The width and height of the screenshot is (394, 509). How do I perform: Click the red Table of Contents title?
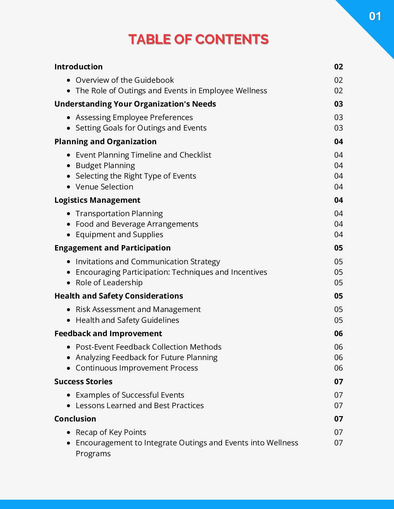pyautogui.click(x=198, y=39)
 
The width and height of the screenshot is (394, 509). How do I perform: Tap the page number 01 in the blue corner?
pyautogui.click(x=375, y=16)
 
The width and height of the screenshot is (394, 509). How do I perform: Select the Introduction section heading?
pyautogui.click(x=78, y=67)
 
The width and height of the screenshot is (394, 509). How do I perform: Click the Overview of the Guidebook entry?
pyautogui.click(x=125, y=80)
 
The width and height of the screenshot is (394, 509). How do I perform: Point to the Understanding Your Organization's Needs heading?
pyautogui.click(x=135, y=104)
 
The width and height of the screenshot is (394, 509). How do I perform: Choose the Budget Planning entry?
pyautogui.click(x=105, y=166)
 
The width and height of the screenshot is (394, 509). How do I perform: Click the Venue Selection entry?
pyautogui.click(x=104, y=187)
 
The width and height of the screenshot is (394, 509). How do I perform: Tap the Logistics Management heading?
pyautogui.click(x=97, y=200)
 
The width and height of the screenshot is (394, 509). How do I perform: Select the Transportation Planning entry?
pyautogui.click(x=119, y=214)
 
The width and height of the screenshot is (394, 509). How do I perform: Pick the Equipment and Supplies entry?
pyautogui.click(x=119, y=235)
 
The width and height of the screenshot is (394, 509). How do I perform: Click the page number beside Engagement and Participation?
pyautogui.click(x=338, y=248)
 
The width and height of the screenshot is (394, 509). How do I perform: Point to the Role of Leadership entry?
pyautogui.click(x=109, y=283)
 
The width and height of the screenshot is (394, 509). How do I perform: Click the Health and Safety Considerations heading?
pyautogui.click(x=118, y=296)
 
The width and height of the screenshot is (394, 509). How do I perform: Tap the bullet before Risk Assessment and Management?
pyautogui.click(x=69, y=310)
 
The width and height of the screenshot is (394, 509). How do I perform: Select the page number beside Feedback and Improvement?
pyautogui.click(x=338, y=334)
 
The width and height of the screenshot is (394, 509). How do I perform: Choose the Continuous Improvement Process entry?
pyautogui.click(x=137, y=368)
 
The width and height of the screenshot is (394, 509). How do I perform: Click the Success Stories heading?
pyautogui.click(x=83, y=382)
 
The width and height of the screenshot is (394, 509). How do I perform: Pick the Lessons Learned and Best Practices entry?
pyautogui.click(x=139, y=406)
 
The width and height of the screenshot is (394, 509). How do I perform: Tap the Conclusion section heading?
pyautogui.click(x=75, y=419)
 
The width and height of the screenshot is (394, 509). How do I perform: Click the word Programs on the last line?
pyautogui.click(x=93, y=454)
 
